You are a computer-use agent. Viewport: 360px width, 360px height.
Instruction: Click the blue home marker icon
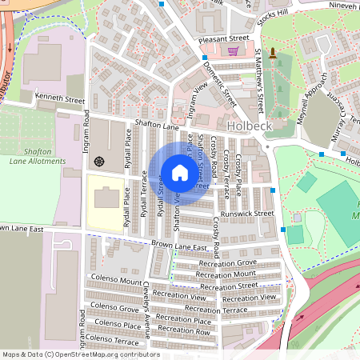click(179, 172)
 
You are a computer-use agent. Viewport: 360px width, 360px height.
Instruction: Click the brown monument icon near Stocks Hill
click(273, 54)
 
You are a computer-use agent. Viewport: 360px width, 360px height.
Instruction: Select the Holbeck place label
click(250, 126)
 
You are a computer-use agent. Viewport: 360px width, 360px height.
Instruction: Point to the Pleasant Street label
click(225, 38)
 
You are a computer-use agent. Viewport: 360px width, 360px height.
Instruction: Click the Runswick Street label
click(248, 214)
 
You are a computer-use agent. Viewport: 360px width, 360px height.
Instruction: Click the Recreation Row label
click(184, 330)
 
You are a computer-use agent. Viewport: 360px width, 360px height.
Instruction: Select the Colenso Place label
click(118, 324)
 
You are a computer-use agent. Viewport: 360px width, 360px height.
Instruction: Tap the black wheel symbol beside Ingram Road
click(99, 160)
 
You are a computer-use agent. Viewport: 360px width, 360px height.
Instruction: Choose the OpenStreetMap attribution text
click(81, 354)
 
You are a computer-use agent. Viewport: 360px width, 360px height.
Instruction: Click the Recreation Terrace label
click(223, 309)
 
